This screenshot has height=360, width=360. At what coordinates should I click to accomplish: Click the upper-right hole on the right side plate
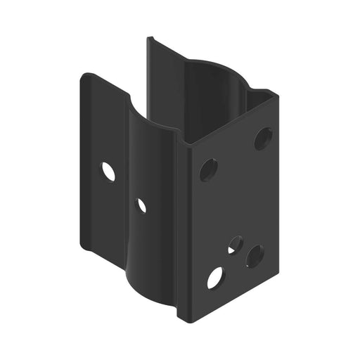[x=263, y=139]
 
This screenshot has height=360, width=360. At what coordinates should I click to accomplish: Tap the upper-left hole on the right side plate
[x=208, y=169]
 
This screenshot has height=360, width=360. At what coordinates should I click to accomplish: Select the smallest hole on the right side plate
[x=235, y=245]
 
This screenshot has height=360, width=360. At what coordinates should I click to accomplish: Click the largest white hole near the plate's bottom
[x=215, y=278]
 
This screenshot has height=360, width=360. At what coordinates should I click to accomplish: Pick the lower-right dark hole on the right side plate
[x=255, y=256]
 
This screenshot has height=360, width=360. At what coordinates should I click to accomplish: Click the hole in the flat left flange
[x=108, y=171]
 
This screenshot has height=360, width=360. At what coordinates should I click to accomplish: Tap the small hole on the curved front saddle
[x=141, y=205]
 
